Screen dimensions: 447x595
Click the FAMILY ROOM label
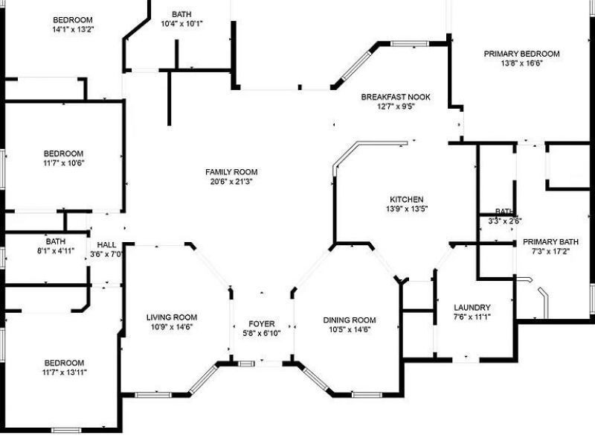231,172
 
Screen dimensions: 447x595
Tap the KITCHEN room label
407,199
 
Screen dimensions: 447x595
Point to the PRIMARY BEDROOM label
521,54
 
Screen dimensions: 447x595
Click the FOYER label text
261,323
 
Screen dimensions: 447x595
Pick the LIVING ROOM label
172,317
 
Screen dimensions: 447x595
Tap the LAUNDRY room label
472,307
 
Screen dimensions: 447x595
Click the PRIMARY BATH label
550,241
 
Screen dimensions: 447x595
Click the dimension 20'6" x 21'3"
231,182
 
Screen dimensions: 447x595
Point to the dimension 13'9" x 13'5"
407,209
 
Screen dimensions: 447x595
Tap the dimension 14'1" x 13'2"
73,29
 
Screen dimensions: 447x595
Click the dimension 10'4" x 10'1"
182,23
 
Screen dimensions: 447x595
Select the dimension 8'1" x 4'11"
56,251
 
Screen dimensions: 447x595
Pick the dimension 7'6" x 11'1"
472,317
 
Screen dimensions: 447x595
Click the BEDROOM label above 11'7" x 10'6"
63,153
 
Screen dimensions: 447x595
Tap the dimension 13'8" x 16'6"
521,63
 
